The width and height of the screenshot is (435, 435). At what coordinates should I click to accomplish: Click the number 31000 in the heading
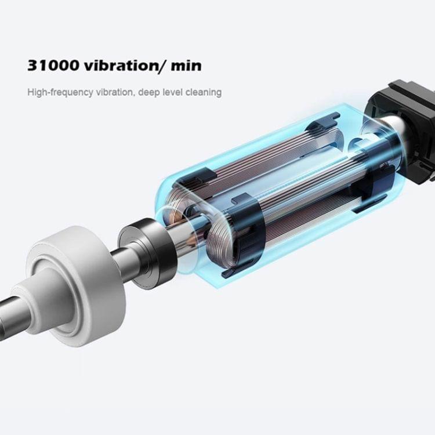pyautogui.click(x=53, y=66)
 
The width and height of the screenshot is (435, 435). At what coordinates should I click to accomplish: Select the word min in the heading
pyautogui.click(x=186, y=66)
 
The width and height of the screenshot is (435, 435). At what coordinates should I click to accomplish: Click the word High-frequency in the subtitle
pyautogui.click(x=60, y=92)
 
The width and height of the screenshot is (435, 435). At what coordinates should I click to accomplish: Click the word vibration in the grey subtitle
pyautogui.click(x=115, y=92)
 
